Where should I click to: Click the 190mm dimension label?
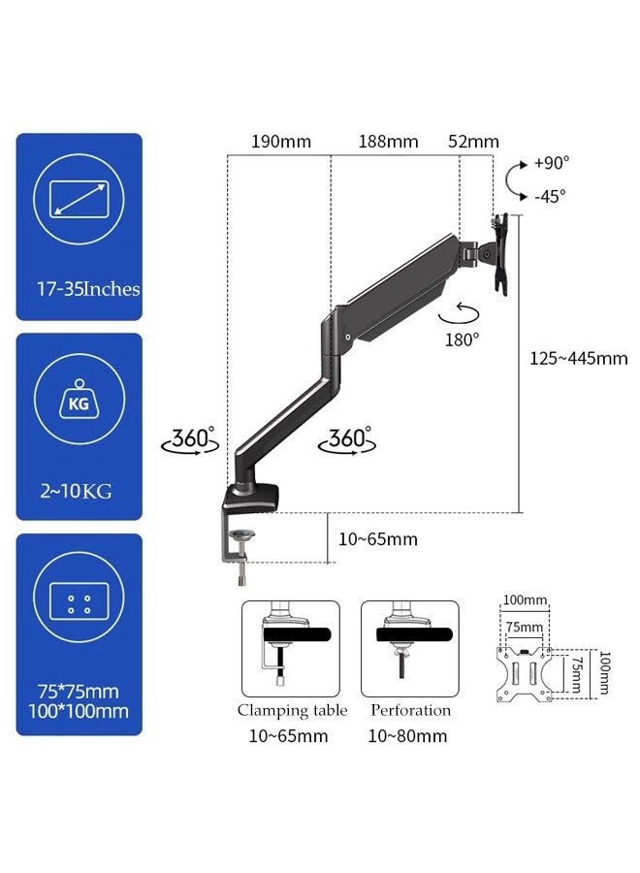click(x=281, y=142)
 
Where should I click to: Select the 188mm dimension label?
click(x=388, y=142)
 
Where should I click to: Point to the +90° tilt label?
click(x=552, y=163)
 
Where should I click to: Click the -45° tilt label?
click(x=551, y=195)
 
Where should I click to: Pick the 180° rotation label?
click(x=463, y=339)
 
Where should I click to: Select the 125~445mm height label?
click(x=579, y=358)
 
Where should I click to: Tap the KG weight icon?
click(x=79, y=403)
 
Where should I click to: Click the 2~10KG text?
click(x=78, y=491)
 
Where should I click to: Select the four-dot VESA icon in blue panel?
click(x=79, y=602)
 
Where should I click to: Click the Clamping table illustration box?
click(x=291, y=648)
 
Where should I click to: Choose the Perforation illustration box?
click(x=408, y=648)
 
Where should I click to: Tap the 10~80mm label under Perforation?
click(x=408, y=736)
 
